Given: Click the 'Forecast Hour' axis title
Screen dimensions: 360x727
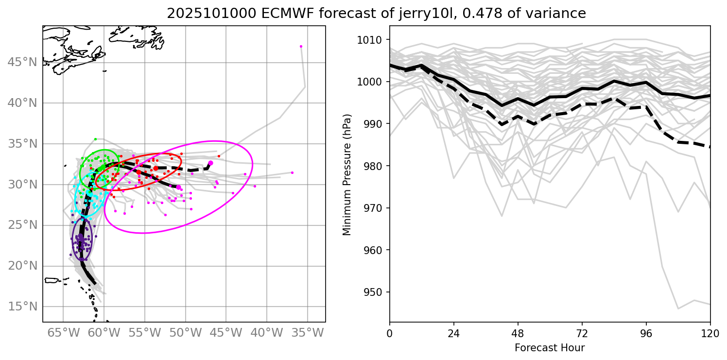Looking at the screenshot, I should (x=550, y=348).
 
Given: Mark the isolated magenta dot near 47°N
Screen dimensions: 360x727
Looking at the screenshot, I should (x=301, y=46).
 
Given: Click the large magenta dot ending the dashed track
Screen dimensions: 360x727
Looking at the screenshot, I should (x=210, y=163).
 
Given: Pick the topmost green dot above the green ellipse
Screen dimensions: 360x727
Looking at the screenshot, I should (x=95, y=139).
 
